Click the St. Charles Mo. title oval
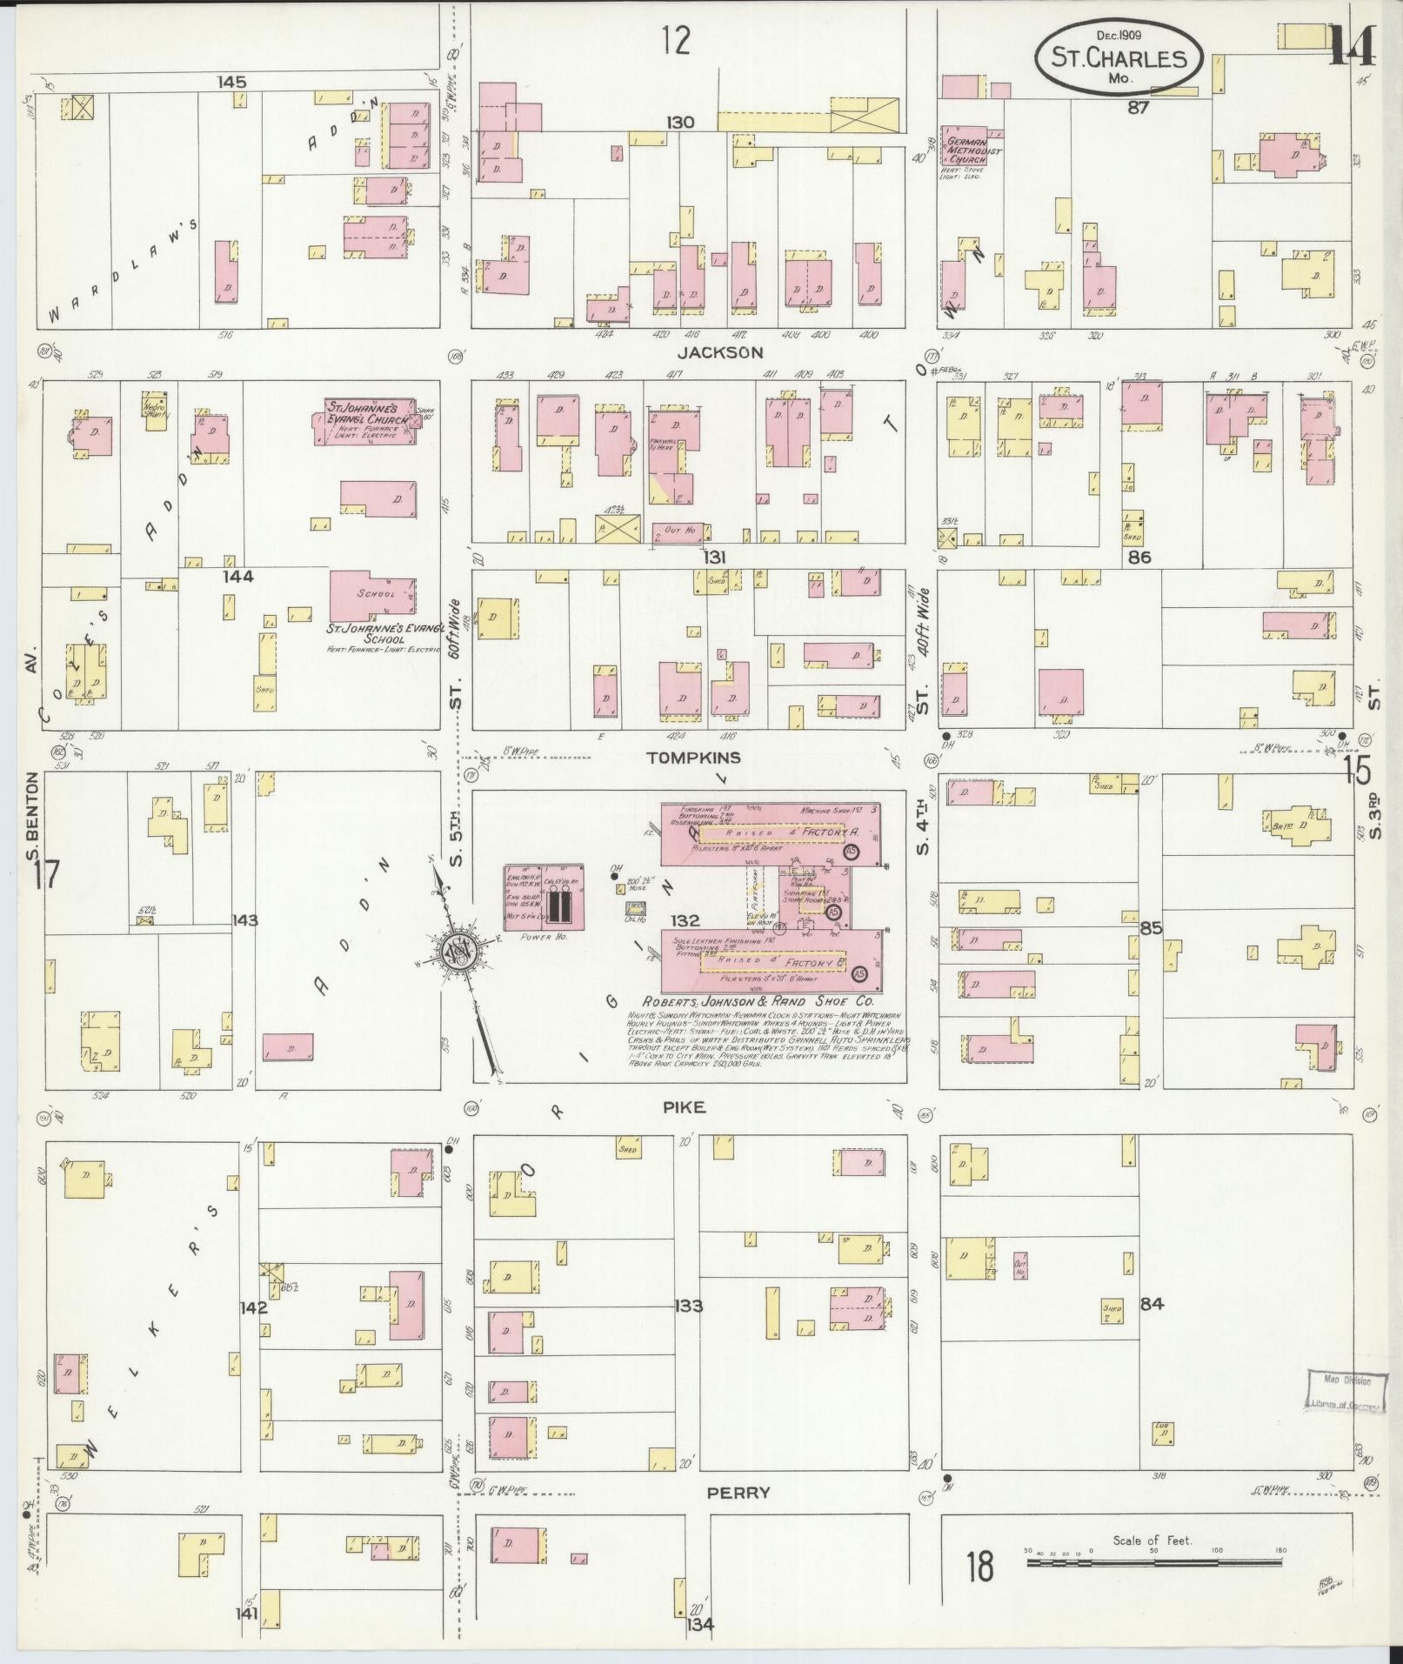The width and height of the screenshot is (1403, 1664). (x=1118, y=59)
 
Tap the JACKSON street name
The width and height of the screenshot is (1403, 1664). (x=720, y=353)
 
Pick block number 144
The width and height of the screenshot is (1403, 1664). (x=237, y=576)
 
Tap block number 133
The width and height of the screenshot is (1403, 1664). (x=688, y=1306)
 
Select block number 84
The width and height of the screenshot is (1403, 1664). (x=1152, y=1303)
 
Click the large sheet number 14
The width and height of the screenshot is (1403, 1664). (x=1351, y=47)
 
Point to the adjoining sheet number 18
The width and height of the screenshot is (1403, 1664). (x=979, y=1567)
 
